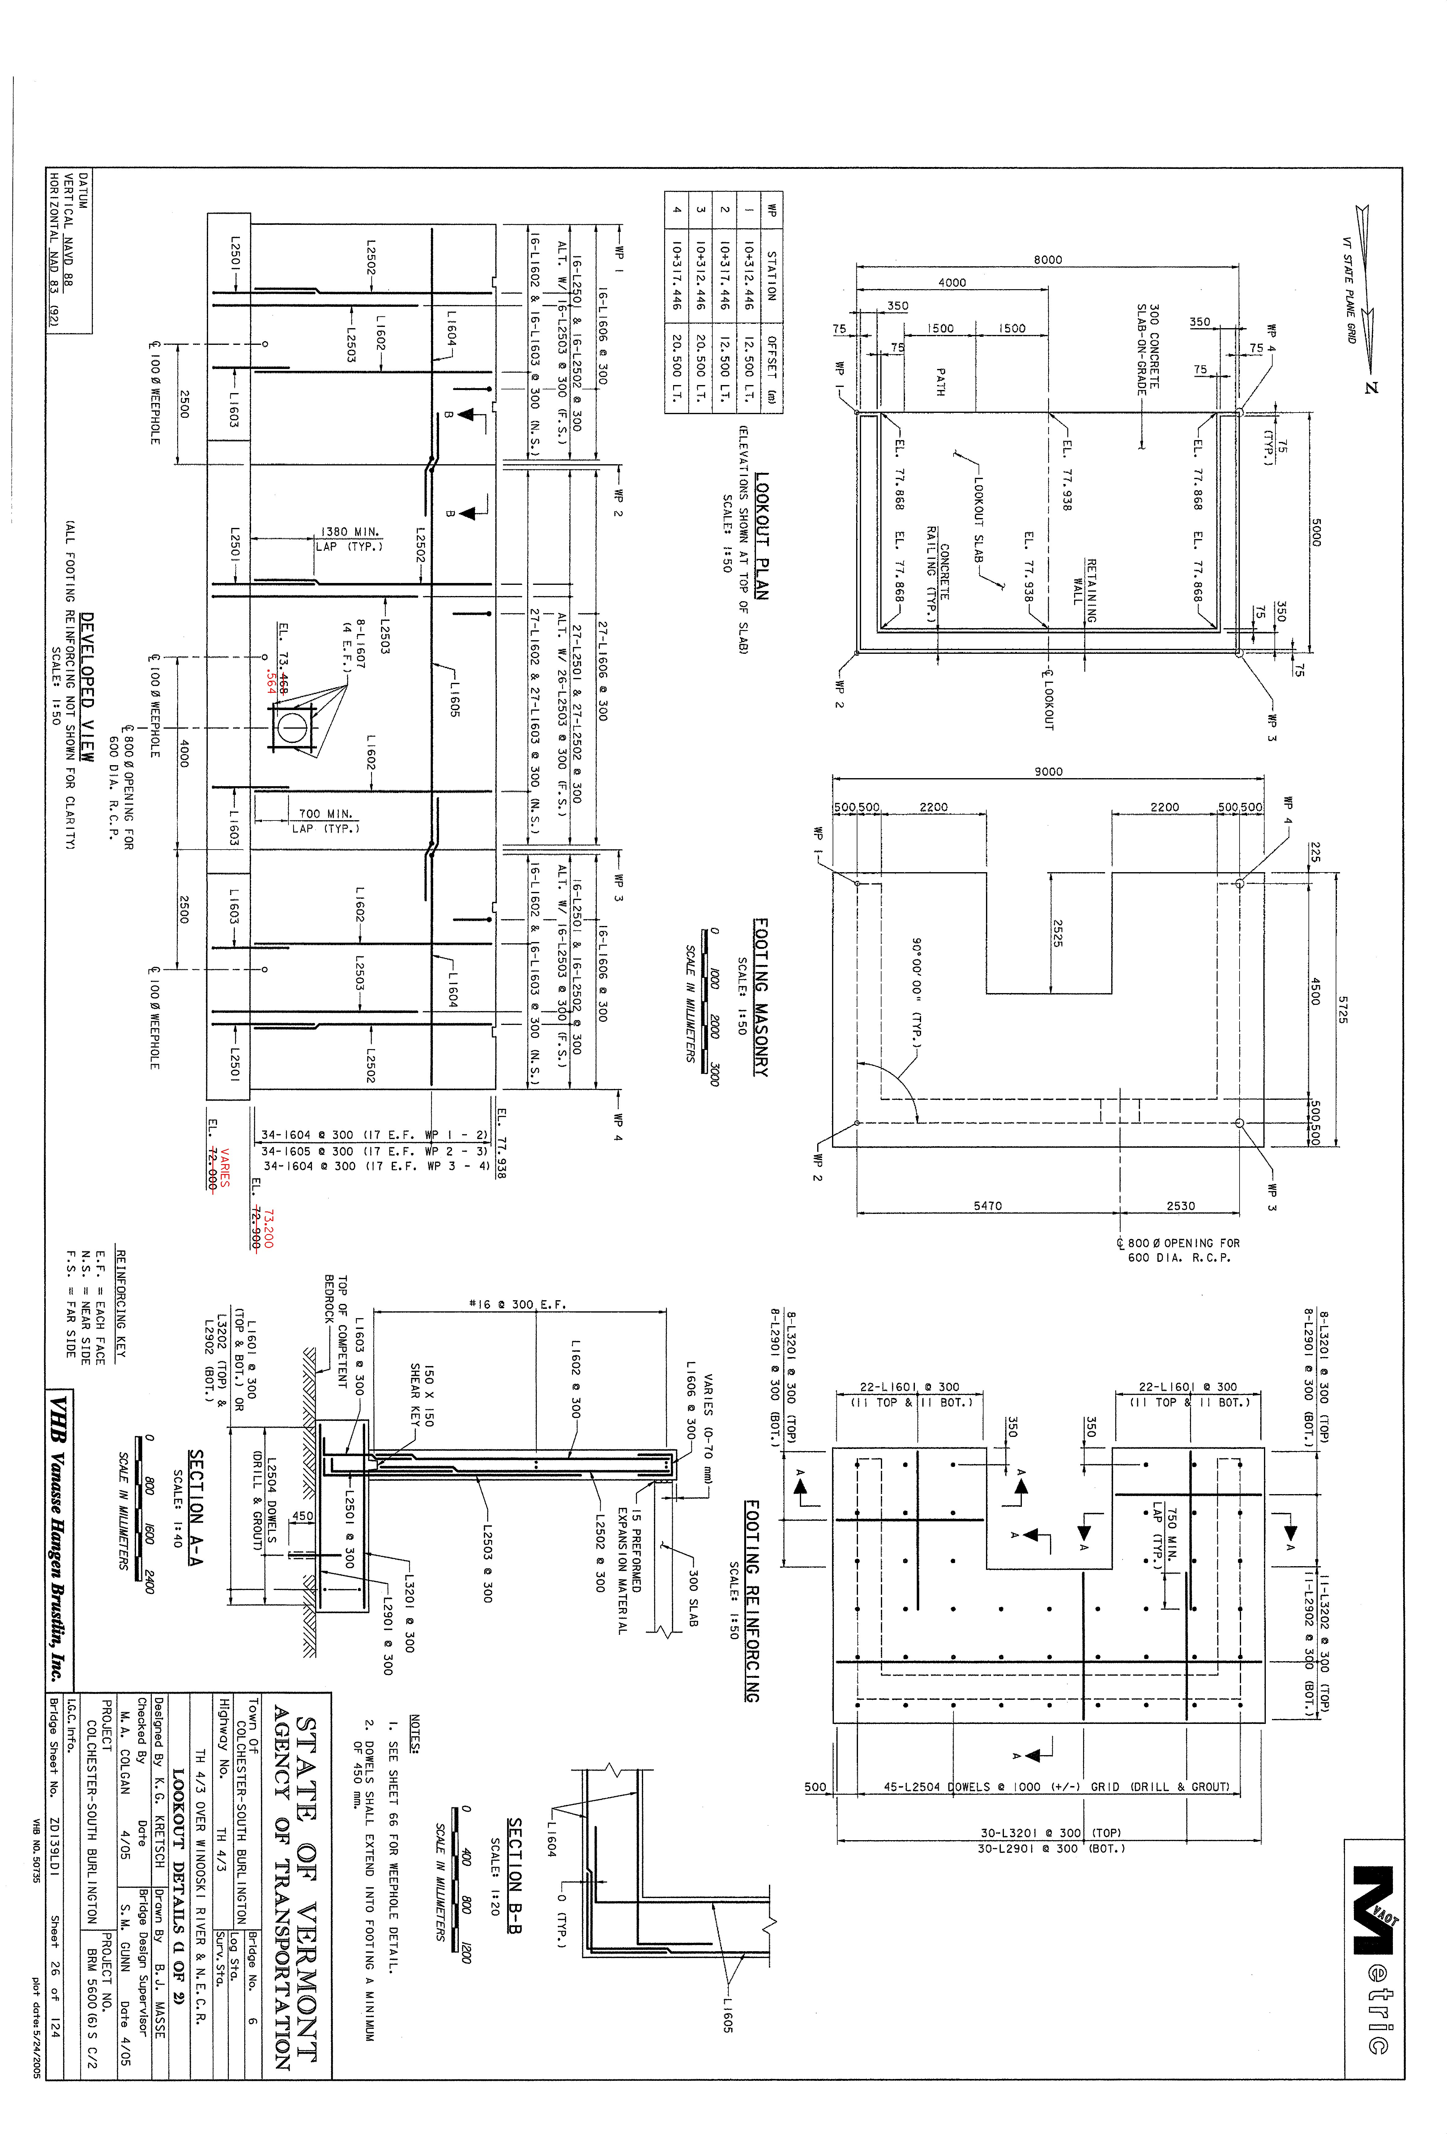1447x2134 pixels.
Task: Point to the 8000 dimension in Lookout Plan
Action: point(1048,260)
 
